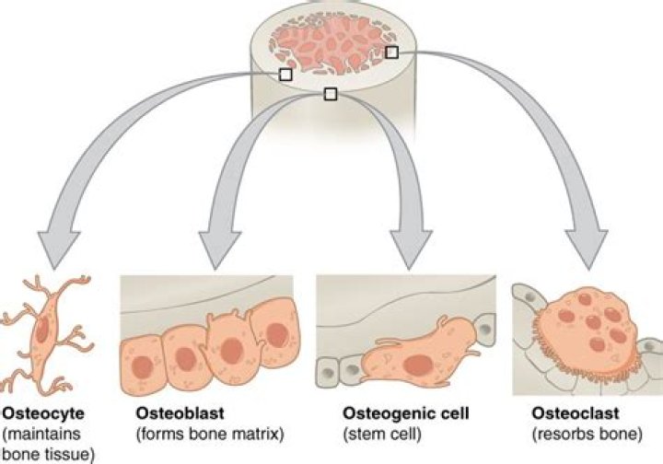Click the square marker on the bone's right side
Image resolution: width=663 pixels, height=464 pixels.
[391, 52]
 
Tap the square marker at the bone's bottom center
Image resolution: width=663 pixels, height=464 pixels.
[331, 93]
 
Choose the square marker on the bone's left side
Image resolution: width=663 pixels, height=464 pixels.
[285, 74]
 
